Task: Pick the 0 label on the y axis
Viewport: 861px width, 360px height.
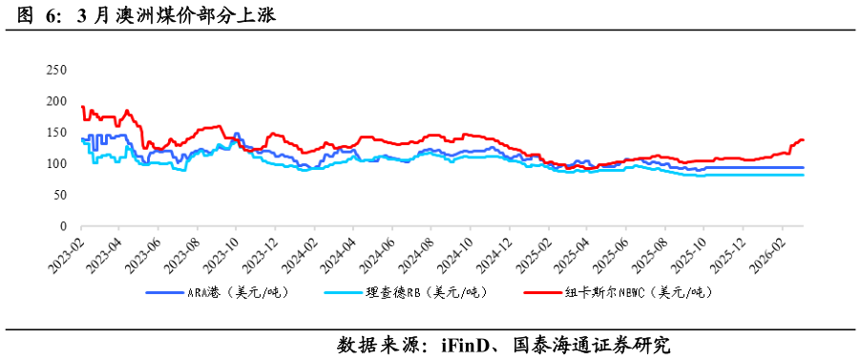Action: [x=63, y=226]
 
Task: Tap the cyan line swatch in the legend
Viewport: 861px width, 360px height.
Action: [x=344, y=292]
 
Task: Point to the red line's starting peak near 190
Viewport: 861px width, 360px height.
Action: [x=83, y=107]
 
